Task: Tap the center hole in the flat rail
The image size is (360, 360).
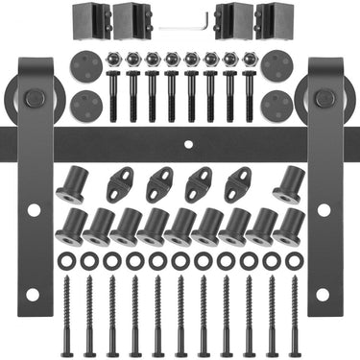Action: (188, 144)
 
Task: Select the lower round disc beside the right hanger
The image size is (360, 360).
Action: (276, 104)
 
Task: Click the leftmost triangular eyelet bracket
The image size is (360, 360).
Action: (121, 183)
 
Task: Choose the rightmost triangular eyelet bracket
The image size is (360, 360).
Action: (238, 183)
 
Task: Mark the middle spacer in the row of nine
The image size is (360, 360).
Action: (180, 227)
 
